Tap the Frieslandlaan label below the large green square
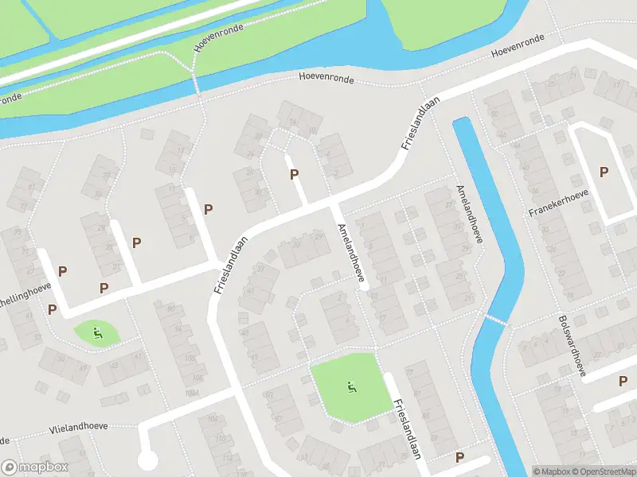406,428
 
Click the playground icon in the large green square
350,388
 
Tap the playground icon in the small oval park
97,333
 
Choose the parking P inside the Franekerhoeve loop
604,172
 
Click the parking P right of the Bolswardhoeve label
623,381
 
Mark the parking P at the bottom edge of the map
459,457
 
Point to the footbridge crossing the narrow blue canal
495,320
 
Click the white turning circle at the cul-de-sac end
147,459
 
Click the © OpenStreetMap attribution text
604,471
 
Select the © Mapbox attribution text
552,471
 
